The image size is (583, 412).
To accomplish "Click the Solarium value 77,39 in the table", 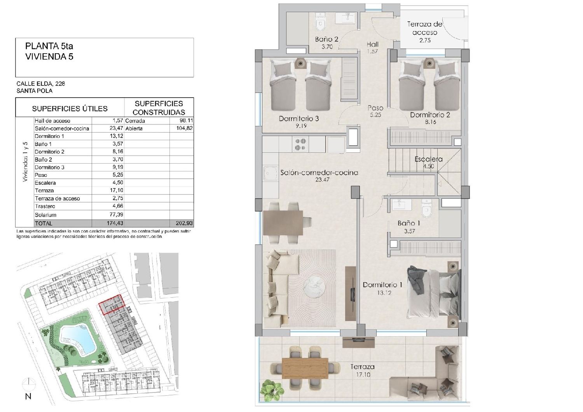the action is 115,215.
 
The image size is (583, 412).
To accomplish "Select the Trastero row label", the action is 45,206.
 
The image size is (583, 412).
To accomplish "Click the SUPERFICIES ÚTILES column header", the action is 70,108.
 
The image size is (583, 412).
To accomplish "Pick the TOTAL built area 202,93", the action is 184,223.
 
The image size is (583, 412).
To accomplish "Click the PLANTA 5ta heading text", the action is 49,46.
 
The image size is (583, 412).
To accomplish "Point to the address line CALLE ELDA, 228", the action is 40,84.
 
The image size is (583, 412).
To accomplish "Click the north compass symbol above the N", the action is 29,384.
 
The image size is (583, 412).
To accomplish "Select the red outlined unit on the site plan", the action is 112,305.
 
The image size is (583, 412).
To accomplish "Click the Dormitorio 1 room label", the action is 382,285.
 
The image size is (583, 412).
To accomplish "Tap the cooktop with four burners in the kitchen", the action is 300,145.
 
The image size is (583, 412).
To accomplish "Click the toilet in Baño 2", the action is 320,22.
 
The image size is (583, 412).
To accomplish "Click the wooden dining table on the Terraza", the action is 305,368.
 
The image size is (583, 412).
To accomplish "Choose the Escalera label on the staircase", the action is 428,159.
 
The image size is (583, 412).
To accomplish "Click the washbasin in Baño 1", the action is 401,204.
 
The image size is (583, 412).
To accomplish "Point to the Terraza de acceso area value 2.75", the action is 425,40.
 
